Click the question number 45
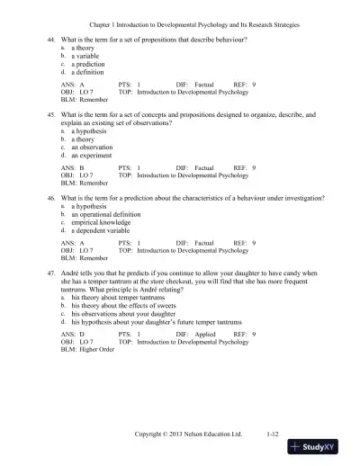pyautogui.click(x=51, y=116)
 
